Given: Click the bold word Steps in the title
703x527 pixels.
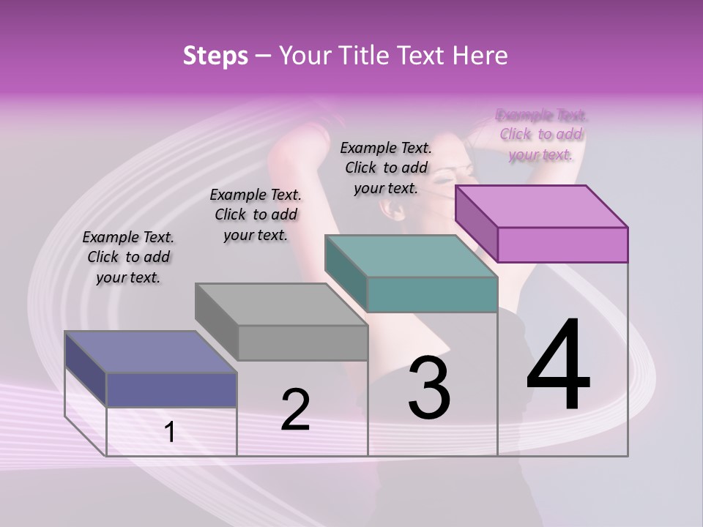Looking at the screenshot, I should [x=215, y=56].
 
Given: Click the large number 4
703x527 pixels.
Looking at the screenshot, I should [x=558, y=366].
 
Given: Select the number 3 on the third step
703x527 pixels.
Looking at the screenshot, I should [x=429, y=388].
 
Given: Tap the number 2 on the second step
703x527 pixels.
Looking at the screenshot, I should [x=295, y=410].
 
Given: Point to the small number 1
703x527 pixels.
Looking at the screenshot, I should [x=170, y=433].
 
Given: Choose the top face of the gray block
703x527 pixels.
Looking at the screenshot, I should [x=281, y=304].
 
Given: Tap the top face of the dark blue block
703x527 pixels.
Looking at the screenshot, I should [x=151, y=352].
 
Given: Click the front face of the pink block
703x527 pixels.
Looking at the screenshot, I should [x=562, y=244].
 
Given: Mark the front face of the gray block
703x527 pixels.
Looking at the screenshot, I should [x=302, y=343].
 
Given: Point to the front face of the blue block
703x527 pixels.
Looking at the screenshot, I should [x=171, y=389].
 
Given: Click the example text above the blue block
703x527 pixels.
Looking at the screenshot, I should [x=128, y=257].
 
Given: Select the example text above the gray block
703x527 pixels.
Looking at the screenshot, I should [x=256, y=214].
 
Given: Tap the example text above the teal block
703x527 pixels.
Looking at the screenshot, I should [x=386, y=168].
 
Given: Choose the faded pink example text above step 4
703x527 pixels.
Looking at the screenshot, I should [x=541, y=135].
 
